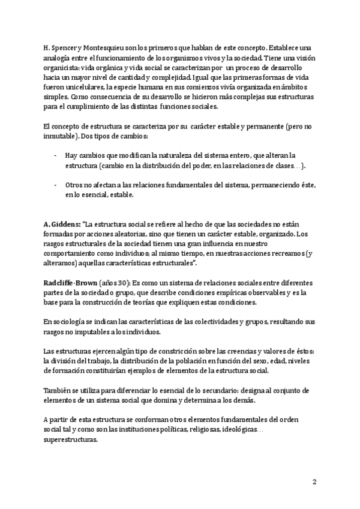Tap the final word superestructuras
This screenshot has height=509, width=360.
coord(71,440)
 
